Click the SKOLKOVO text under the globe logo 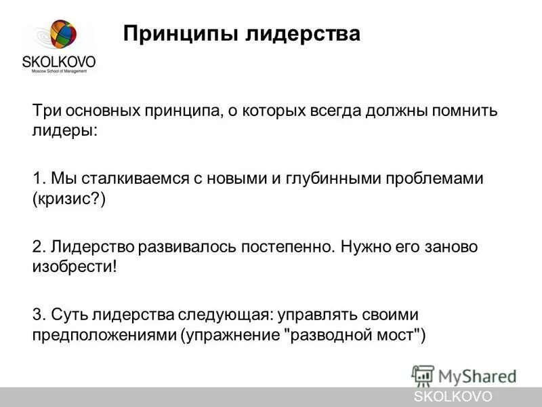coord(59,62)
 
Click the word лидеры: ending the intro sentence coord(64,131)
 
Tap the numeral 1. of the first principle coord(39,179)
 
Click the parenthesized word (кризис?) coord(69,199)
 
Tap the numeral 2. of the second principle coord(39,247)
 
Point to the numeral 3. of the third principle coord(39,315)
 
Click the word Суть coord(68,315)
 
